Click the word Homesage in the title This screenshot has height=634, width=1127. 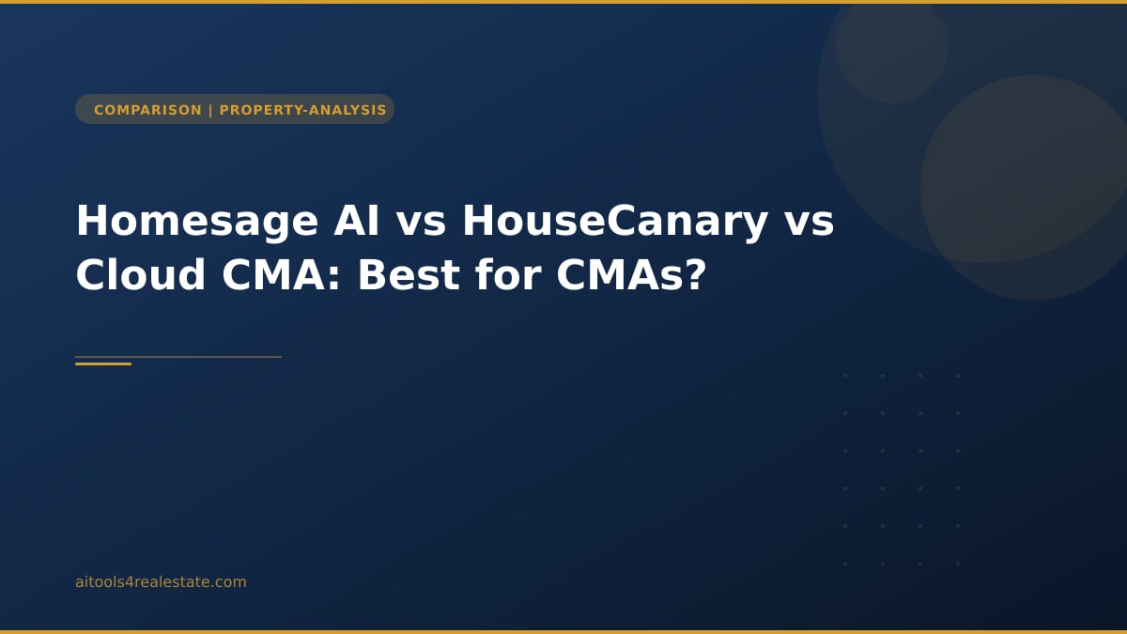coord(197,222)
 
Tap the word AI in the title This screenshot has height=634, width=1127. coord(357,222)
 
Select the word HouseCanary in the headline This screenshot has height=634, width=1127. coord(615,222)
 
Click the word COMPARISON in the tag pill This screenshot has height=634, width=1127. coord(147,110)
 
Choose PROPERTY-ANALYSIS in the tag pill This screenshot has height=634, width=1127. coord(302,110)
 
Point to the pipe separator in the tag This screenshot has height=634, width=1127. coord(210,110)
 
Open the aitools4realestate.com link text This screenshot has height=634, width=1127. coord(161,582)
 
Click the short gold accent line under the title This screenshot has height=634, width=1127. coord(103,363)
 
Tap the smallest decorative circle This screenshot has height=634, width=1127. coord(891,47)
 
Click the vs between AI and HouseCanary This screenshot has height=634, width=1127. coord(421,222)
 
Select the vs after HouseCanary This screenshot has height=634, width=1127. coord(809,222)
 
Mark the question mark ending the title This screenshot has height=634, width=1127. coord(696,276)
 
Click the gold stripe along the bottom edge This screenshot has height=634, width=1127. coord(563,631)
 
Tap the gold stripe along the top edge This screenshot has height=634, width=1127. coord(563,2)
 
